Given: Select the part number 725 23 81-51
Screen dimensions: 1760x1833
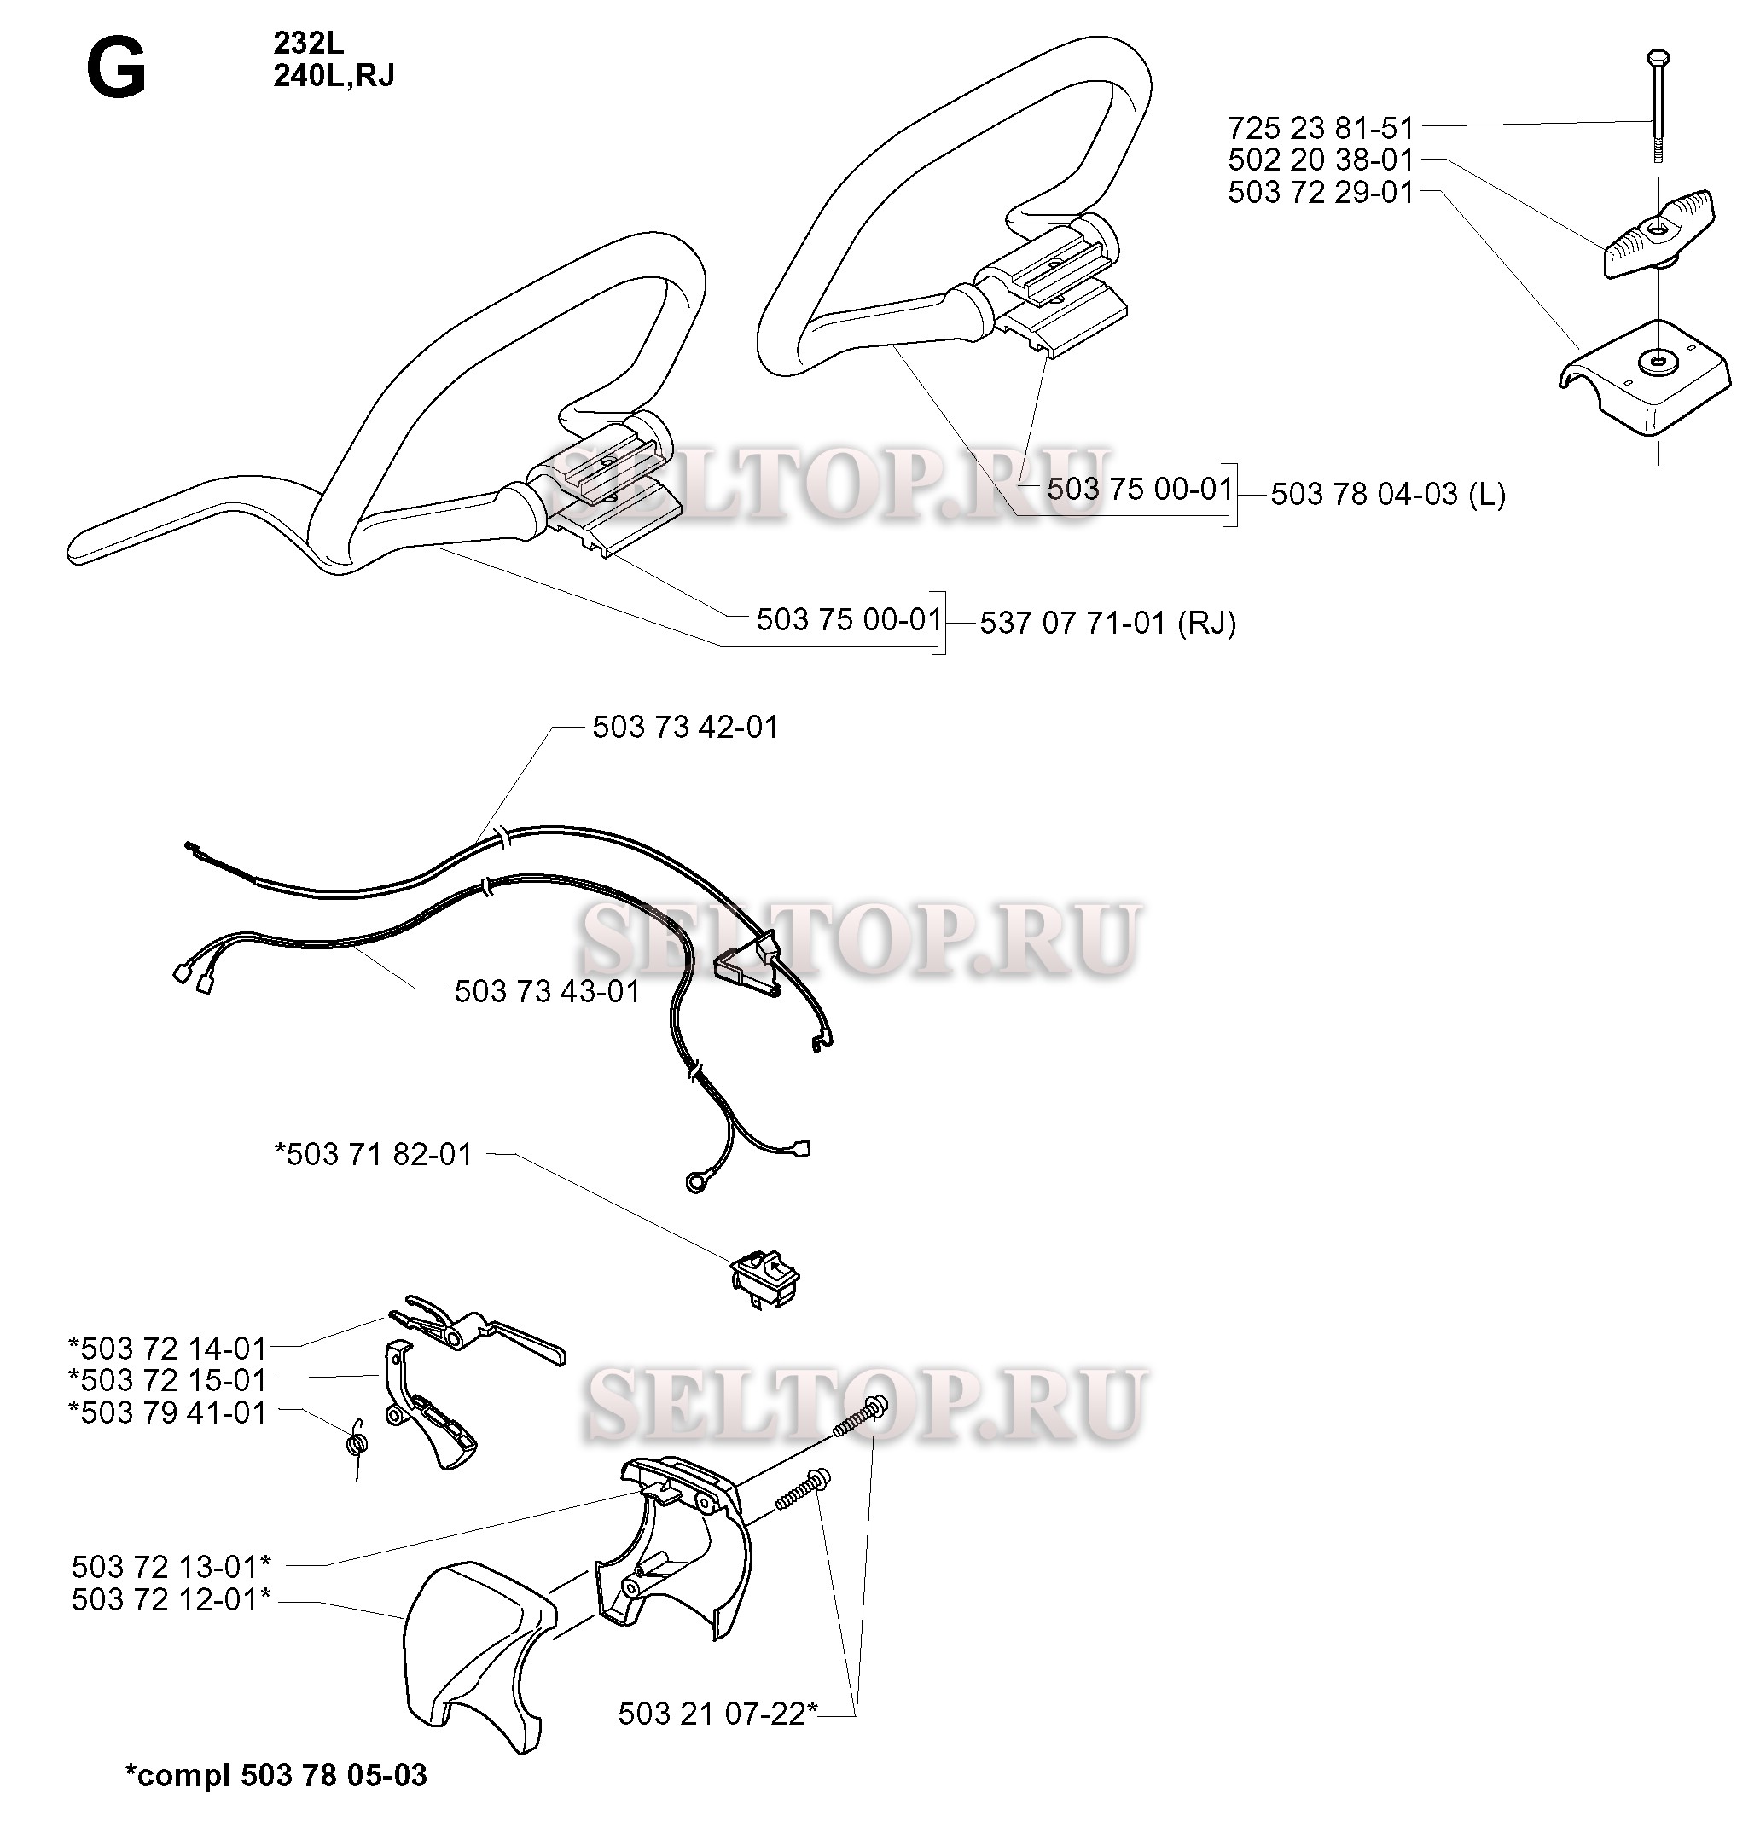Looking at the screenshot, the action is [1320, 127].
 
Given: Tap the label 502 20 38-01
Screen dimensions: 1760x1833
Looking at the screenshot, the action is [1320, 159].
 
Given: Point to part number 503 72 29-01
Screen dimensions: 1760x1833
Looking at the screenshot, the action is [1320, 192].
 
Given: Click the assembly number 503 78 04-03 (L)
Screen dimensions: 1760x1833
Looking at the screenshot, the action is [1387, 494].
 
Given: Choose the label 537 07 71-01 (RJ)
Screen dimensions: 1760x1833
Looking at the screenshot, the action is [1107, 623].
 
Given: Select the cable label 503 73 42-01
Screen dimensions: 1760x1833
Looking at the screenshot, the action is [685, 727].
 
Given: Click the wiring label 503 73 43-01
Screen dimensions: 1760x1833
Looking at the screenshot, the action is [547, 991].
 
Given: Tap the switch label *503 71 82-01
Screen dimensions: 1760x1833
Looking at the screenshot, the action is [374, 1154].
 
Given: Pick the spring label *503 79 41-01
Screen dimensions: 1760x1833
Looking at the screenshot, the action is [167, 1412].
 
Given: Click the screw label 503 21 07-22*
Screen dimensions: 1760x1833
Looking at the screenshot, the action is [718, 1714].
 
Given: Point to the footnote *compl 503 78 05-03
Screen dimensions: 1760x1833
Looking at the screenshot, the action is [276, 1775].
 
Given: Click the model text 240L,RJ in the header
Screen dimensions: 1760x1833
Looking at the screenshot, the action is [334, 76].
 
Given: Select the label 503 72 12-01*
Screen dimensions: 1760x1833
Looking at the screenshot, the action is [171, 1599].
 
